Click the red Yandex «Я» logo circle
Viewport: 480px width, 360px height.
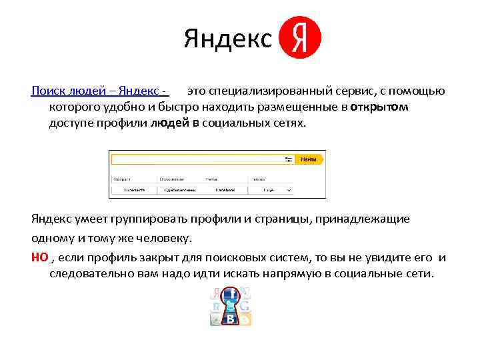[x=300, y=38]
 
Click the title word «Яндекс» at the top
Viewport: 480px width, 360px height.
[x=228, y=39]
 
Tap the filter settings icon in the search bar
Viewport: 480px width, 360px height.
[x=289, y=160]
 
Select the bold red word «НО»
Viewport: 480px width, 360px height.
[x=39, y=258]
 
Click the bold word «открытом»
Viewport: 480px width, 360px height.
[x=379, y=107]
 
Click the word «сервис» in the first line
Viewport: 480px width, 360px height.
[x=351, y=91]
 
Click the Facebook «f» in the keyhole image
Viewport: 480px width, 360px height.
[x=231, y=294]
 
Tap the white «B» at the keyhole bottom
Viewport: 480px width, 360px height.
[x=231, y=319]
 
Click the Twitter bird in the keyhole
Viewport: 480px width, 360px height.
[x=231, y=307]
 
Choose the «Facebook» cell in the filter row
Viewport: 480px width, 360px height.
[x=225, y=190]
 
